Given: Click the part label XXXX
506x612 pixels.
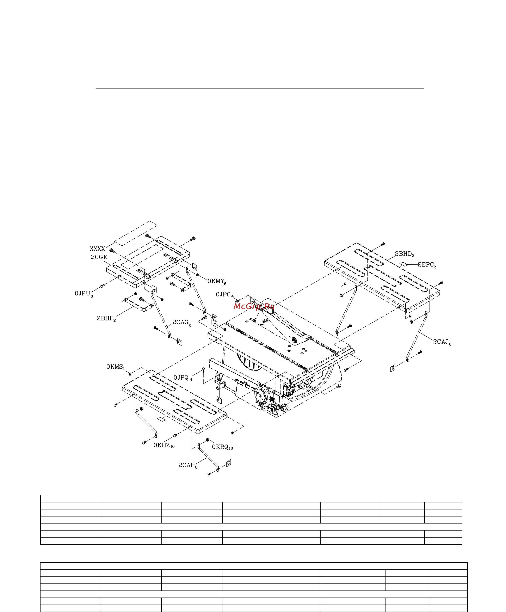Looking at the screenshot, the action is pos(97,249).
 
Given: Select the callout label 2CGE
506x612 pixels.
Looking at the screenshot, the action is pos(99,257).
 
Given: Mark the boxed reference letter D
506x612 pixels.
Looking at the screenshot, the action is pos(393,368).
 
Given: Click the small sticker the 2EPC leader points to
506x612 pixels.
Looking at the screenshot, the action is pos(404,264).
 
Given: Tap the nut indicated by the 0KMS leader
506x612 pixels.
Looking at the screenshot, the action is pos(130,374).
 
